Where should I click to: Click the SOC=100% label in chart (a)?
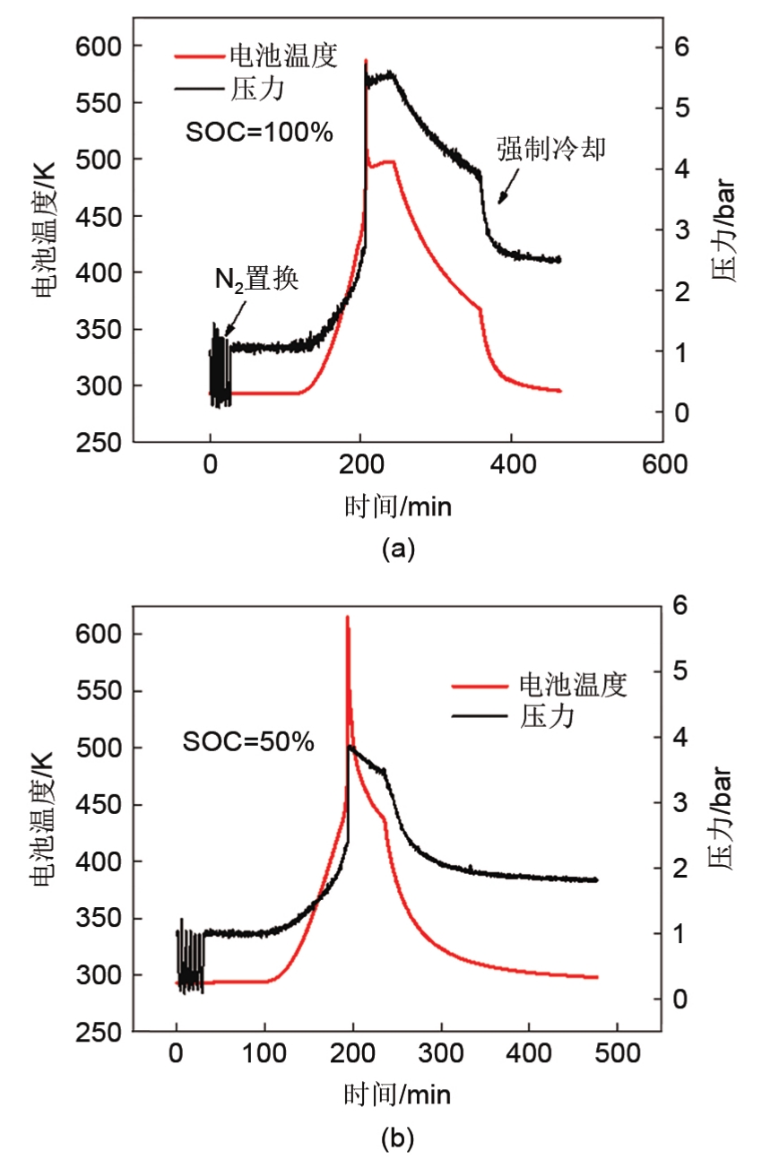(x=259, y=133)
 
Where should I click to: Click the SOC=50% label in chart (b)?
(x=248, y=741)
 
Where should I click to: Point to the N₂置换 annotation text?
(x=256, y=280)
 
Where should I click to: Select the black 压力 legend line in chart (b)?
(x=481, y=716)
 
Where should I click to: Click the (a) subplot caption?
(x=398, y=549)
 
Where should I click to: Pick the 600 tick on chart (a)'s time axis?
(x=664, y=464)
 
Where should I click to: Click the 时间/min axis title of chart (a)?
(x=398, y=506)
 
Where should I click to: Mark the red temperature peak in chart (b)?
(x=347, y=617)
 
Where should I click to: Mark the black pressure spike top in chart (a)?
(x=366, y=61)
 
